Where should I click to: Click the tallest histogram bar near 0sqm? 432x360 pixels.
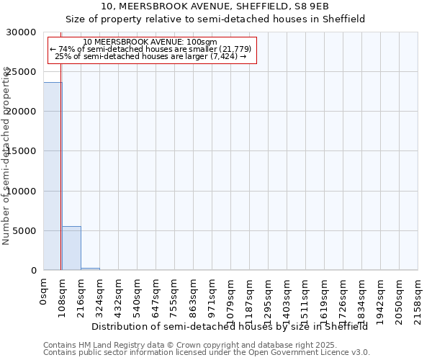[53, 176]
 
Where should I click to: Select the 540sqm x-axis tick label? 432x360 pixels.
[138, 294]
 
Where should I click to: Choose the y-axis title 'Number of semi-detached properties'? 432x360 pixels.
[7, 156]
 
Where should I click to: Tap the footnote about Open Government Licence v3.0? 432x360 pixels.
[207, 353]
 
